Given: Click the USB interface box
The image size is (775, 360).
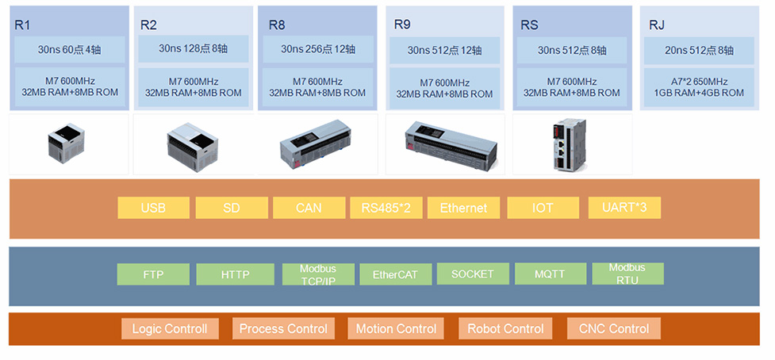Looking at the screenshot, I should (153, 208).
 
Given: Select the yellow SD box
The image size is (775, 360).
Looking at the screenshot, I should (231, 208).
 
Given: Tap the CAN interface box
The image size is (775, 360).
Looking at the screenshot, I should (309, 208).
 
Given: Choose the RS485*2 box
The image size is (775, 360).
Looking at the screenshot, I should (386, 208).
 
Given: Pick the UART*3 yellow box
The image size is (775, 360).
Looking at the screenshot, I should (624, 208).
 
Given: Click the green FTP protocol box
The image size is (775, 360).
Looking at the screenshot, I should (153, 274).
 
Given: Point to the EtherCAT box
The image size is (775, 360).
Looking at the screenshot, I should (395, 274).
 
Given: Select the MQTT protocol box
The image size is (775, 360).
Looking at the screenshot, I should (551, 274).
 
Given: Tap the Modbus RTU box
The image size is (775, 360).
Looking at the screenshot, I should (627, 274).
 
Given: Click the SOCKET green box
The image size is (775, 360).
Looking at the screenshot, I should (472, 274).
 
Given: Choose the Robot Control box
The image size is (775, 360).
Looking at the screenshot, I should (505, 328).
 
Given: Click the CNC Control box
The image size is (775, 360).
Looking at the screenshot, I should (614, 328).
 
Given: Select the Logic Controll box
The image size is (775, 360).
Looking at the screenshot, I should (170, 328).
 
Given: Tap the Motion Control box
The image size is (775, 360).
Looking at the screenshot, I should (396, 328).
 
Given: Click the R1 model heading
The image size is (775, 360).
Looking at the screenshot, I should (22, 25).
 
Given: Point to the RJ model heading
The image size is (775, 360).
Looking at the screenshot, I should (657, 25).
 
